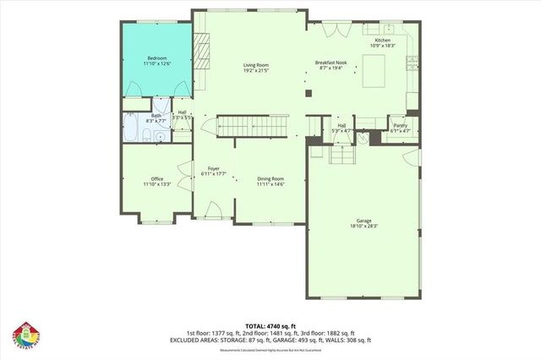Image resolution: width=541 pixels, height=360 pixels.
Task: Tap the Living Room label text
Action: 256,64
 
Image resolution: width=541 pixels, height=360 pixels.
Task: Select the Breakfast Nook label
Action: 331,63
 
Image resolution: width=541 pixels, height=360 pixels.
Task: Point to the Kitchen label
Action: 383,40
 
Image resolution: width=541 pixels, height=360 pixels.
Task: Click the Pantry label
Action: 400,125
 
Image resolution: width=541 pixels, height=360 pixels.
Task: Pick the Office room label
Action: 156,178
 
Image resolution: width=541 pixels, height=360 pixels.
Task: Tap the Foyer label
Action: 214,167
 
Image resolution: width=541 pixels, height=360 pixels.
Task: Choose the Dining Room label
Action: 270,178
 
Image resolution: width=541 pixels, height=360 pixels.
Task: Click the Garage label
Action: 363,221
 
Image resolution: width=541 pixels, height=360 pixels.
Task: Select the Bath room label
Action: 156,116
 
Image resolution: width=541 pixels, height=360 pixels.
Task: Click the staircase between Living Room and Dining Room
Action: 254,125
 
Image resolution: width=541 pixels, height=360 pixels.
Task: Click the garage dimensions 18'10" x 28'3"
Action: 363,226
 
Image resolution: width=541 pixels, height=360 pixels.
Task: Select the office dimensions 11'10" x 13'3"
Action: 156,184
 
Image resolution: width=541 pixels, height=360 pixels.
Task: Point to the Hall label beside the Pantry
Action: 342,125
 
